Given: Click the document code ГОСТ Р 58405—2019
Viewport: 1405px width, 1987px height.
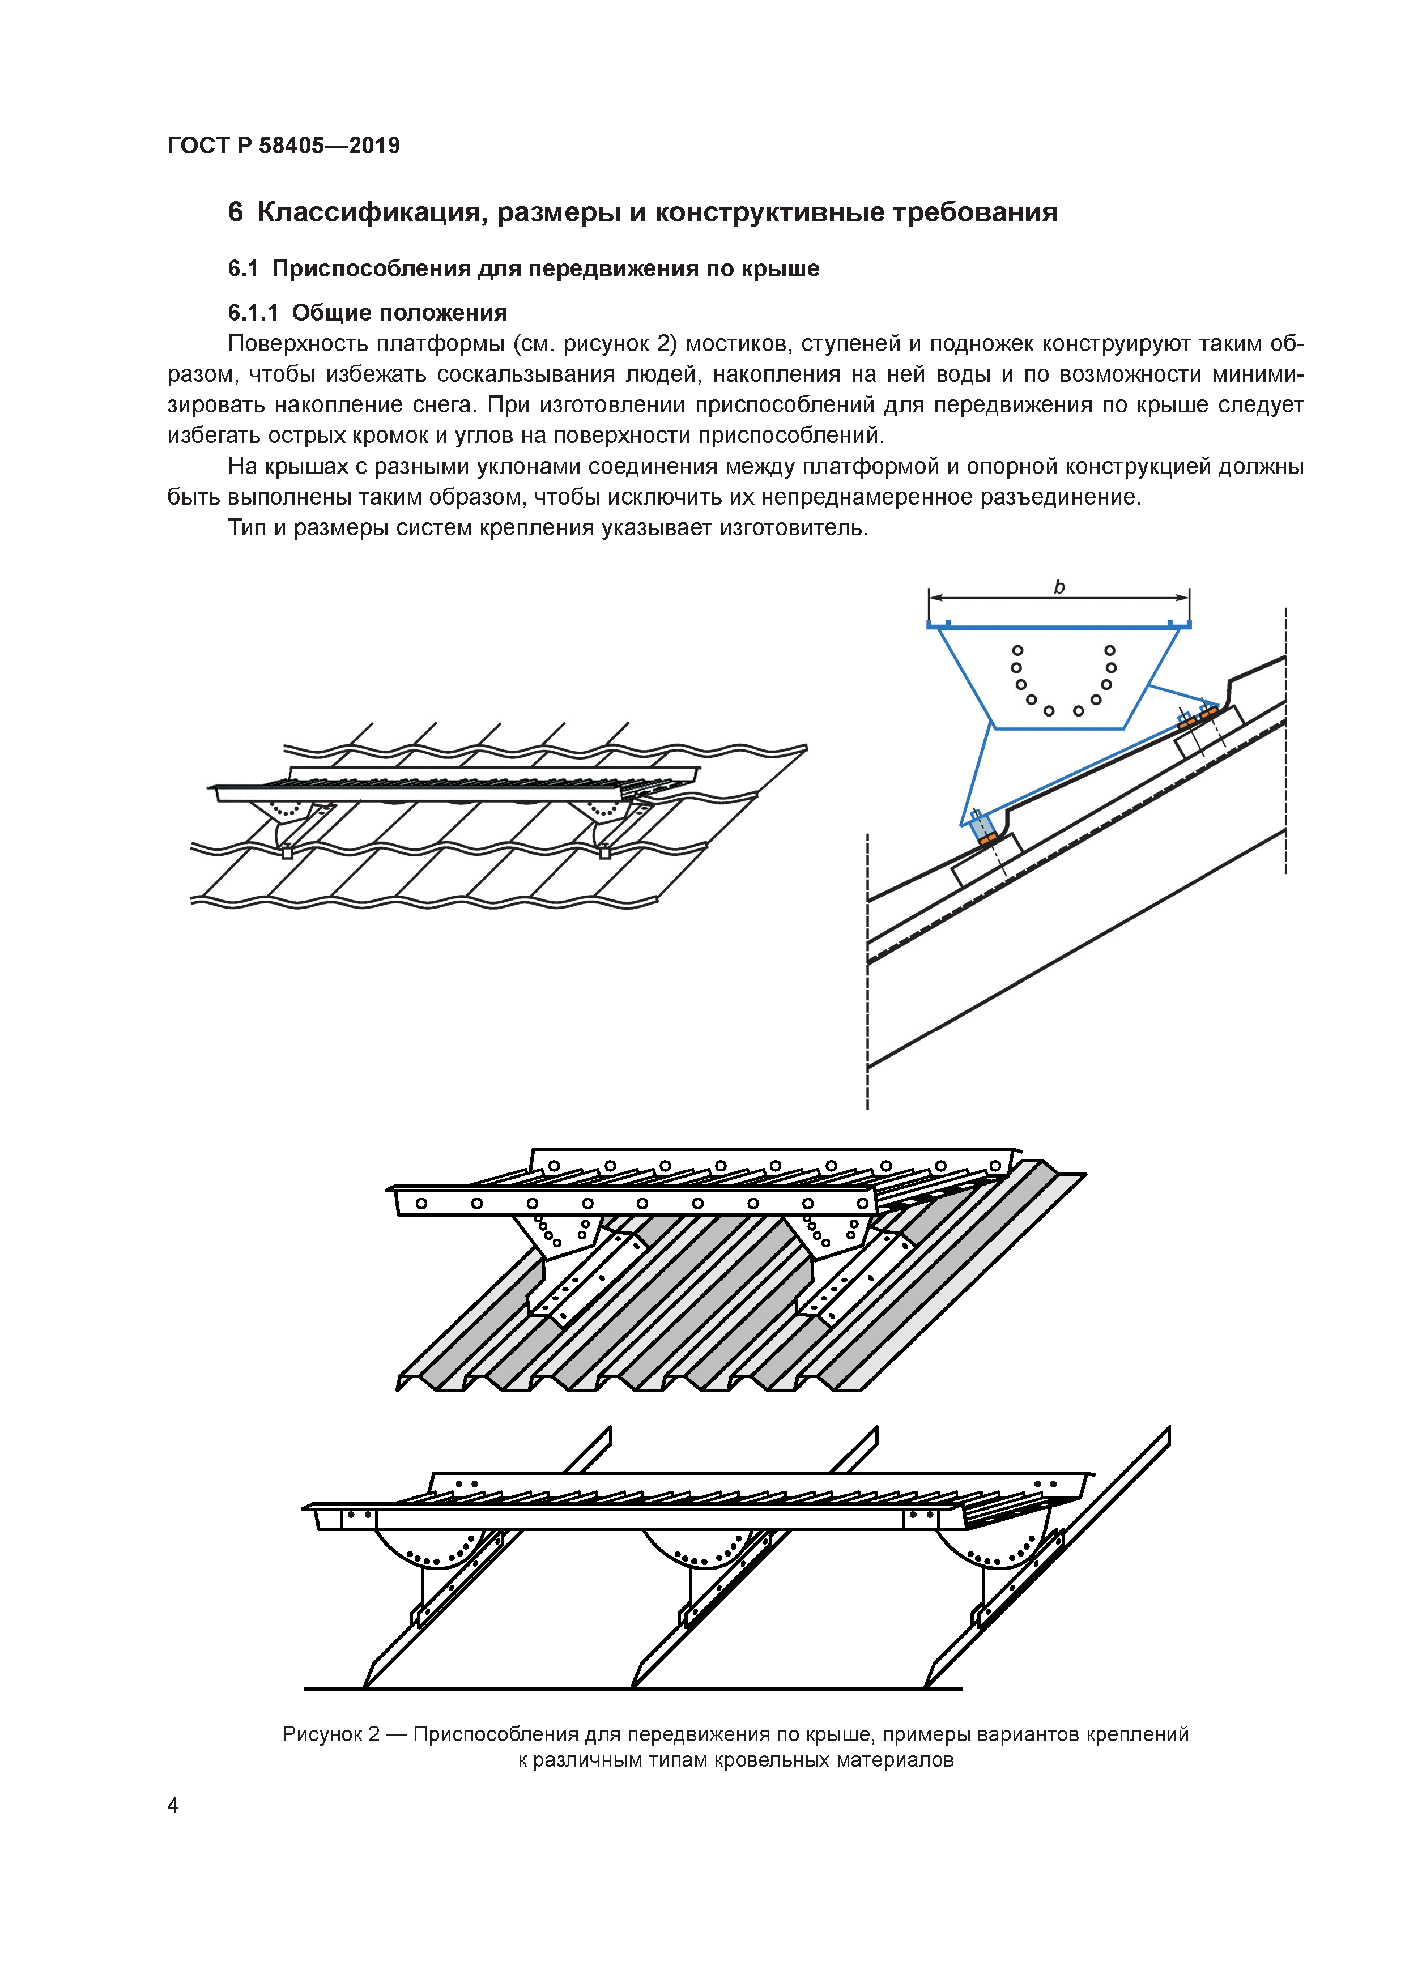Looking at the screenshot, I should pos(283,146).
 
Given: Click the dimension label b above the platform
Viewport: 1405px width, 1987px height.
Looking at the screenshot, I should pos(1059,587).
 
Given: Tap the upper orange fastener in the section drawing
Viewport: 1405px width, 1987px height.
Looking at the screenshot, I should pos(1198,716).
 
